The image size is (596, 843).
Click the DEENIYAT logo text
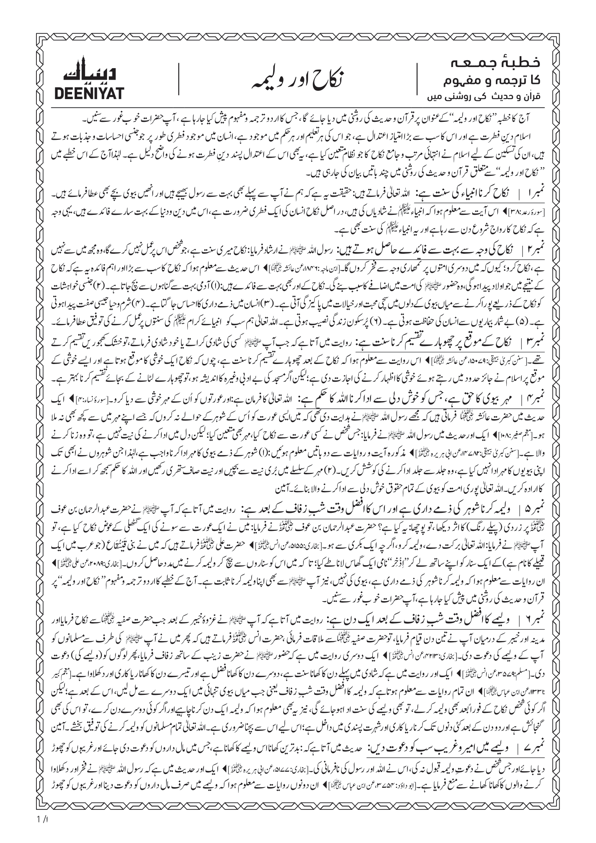(x=89, y=94)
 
